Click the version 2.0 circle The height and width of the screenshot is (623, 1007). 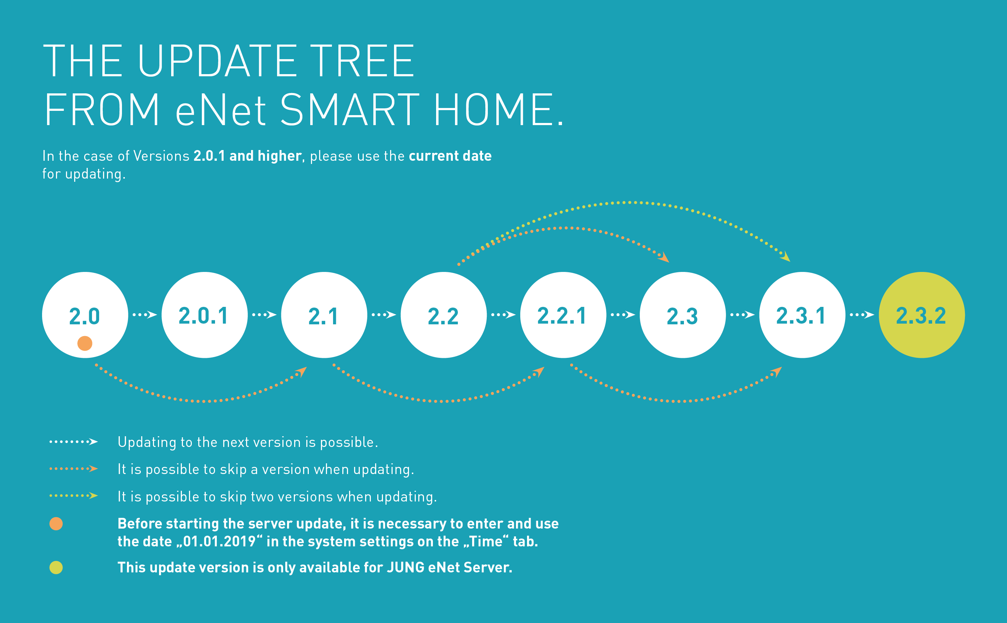click(x=85, y=315)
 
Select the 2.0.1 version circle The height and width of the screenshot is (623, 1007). click(x=204, y=315)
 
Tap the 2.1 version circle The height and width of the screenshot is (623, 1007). click(x=324, y=315)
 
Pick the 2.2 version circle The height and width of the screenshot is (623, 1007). click(x=444, y=315)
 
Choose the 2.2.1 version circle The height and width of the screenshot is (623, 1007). click(x=563, y=315)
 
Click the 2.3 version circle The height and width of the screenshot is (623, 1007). click(x=683, y=315)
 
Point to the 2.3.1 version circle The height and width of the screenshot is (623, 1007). click(x=802, y=315)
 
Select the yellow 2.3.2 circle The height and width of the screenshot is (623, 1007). click(x=922, y=315)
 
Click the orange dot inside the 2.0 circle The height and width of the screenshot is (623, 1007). click(x=85, y=343)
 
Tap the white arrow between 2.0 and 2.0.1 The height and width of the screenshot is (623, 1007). click(x=145, y=315)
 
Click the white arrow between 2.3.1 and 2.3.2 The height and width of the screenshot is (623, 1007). click(x=862, y=315)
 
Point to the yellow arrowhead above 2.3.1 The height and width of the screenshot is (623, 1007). click(x=785, y=257)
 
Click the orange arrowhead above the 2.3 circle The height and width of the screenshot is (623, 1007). click(x=664, y=258)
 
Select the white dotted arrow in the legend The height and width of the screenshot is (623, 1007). click(x=74, y=442)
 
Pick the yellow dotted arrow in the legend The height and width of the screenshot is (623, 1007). click(x=74, y=496)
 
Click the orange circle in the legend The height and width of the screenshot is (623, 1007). click(x=56, y=524)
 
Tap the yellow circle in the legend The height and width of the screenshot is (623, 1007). click(x=56, y=567)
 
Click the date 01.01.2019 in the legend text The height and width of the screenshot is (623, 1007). click(x=219, y=541)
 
